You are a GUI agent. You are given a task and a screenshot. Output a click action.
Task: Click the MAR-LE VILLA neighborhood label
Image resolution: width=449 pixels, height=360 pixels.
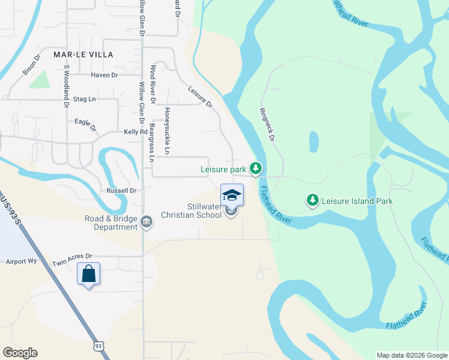pos(83,54)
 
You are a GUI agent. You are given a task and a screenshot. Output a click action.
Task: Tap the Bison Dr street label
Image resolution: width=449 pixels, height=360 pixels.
pos(31,65)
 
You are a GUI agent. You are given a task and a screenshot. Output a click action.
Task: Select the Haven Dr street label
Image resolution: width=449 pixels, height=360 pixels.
pos(104,75)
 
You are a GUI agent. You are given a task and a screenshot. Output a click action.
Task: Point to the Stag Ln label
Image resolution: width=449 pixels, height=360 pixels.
pos(84,98)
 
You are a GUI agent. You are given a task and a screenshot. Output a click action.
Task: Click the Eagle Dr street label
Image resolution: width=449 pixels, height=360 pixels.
pos(86,124)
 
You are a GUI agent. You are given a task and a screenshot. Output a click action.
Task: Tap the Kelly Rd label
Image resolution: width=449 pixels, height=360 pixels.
pos(135,132)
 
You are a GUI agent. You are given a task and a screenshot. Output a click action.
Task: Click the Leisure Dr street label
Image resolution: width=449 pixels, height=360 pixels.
pos(200,96)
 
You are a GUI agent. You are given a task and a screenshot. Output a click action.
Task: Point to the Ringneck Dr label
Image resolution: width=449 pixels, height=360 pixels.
pos(267,124)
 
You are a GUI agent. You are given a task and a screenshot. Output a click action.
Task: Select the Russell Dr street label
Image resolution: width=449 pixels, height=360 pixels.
pos(122,191)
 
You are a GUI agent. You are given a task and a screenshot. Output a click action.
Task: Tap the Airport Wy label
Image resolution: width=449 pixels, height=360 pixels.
pos(21,262)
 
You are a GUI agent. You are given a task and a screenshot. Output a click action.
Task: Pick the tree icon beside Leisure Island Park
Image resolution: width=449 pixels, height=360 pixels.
pos(312,200)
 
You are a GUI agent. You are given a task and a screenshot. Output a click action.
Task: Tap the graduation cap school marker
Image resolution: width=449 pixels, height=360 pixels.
pos(232,195)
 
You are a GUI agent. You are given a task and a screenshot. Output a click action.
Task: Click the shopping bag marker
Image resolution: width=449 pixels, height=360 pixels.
pos(89,274)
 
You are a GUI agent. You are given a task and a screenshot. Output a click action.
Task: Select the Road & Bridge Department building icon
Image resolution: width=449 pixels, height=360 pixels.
pos(146,223)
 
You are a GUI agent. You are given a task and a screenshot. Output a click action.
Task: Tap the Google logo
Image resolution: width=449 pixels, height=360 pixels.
pos(20,353)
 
